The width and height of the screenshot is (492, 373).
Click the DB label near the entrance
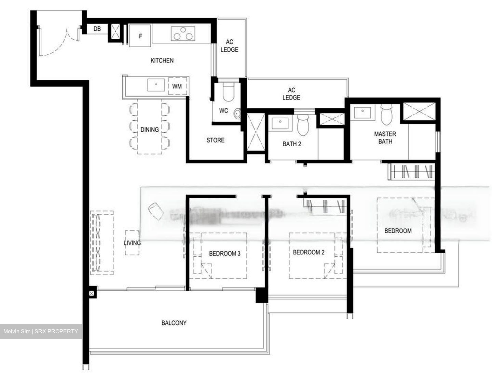click(97, 29)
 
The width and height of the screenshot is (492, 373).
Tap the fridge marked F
click(140, 36)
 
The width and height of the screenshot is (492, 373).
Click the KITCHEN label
click(162, 61)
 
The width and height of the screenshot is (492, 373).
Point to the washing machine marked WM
click(177, 86)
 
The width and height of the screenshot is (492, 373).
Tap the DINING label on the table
click(149, 130)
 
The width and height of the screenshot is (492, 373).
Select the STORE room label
click(215, 140)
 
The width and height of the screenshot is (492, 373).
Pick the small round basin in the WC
click(237, 112)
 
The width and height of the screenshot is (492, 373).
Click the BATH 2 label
click(292, 144)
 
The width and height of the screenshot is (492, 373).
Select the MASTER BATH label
click(385, 137)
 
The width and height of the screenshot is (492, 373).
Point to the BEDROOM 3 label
click(224, 253)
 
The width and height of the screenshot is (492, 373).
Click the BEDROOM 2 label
click(309, 252)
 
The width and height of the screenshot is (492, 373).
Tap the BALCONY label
click(174, 323)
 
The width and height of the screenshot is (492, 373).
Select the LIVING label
click(132, 243)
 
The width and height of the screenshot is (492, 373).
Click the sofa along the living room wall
click(101, 242)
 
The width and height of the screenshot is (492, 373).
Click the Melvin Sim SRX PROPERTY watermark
click(41, 331)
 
